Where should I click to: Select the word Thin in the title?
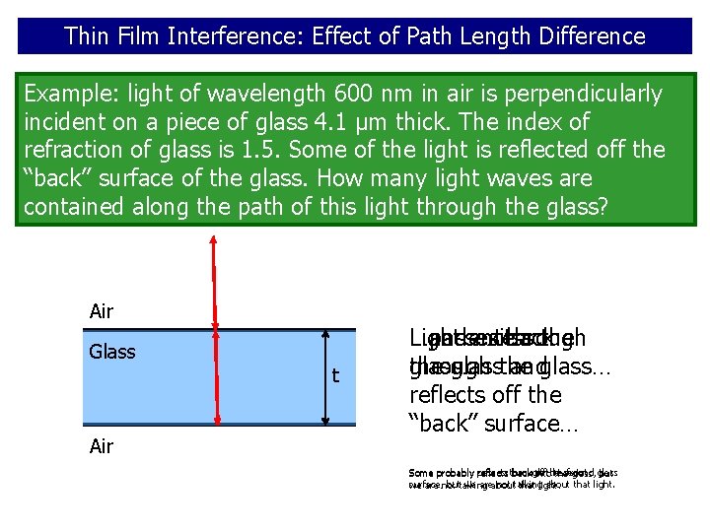coord(86,36)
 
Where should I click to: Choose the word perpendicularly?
coord(576,94)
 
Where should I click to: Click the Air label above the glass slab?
coord(102,311)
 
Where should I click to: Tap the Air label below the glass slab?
coord(102,446)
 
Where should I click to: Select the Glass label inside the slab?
coord(112,352)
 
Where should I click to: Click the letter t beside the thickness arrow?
coord(335,375)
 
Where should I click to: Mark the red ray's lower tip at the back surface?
coord(217,422)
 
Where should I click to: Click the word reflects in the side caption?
coord(451,395)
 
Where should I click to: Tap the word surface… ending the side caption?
coord(545,424)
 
